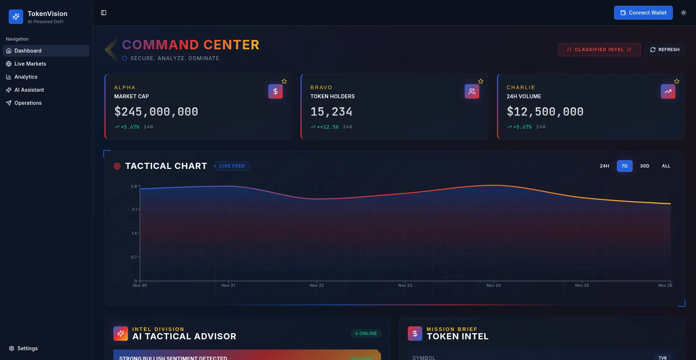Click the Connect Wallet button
click(x=643, y=13)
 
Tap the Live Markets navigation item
click(x=30, y=64)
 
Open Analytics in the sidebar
click(x=26, y=77)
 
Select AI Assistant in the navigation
click(x=29, y=90)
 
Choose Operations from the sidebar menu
click(x=28, y=103)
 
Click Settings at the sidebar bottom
click(x=27, y=348)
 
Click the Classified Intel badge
click(x=599, y=50)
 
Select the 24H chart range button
click(x=604, y=166)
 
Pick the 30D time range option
click(x=645, y=166)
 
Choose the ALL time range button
click(x=666, y=166)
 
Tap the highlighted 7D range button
click(x=625, y=166)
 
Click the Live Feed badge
click(x=232, y=166)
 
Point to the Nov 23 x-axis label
click(x=405, y=286)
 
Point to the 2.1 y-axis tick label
click(x=134, y=209)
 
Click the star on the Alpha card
click(x=284, y=81)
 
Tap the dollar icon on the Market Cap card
click(x=275, y=91)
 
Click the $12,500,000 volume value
click(x=545, y=112)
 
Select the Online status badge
click(x=366, y=334)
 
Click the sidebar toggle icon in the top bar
click(x=104, y=13)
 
